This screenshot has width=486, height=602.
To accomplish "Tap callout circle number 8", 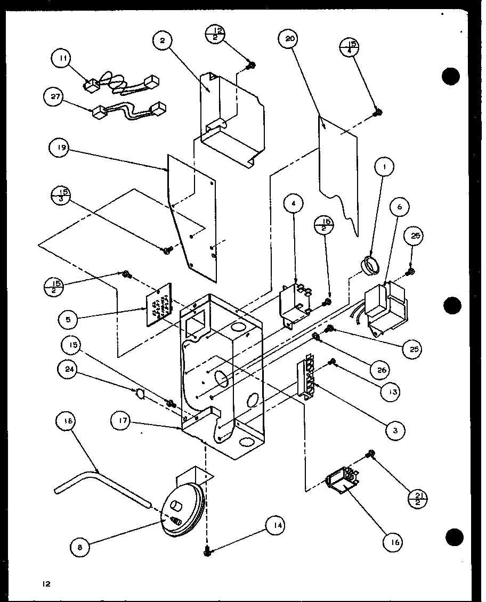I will click(x=80, y=545).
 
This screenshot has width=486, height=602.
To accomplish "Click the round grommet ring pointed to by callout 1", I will click(x=368, y=263).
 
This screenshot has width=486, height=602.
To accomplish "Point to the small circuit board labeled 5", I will click(x=159, y=304).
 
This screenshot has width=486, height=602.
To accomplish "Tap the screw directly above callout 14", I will click(x=207, y=552).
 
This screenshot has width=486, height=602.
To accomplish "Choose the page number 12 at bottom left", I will click(x=46, y=584).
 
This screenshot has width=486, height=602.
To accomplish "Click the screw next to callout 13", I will click(x=334, y=362).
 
